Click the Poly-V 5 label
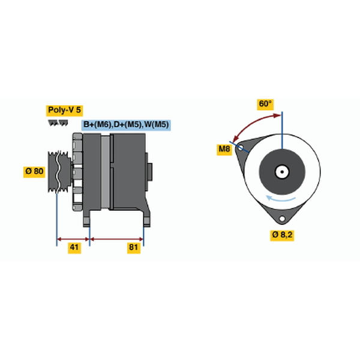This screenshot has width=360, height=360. coord(64,110)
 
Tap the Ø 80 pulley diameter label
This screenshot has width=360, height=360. coord(34,172)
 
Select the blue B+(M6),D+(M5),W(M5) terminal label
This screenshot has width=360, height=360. coord(126,125)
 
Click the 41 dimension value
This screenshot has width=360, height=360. coord(74,248)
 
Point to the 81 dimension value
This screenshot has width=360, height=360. coord(134,248)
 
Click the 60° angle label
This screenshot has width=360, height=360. coord(265,104)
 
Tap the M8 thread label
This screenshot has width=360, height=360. coord(224,149)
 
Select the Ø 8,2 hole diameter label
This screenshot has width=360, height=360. coord(282,235)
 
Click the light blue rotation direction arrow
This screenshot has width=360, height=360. coord(280,199)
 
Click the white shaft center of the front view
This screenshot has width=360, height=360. coord(282,172)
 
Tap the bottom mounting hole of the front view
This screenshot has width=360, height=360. coord(282,218)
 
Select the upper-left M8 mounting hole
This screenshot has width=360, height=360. coord(240,148)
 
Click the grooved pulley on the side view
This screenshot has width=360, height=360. coord(59,172)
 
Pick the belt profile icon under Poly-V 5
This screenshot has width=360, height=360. coord(58,123)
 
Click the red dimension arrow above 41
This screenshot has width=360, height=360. coord(73,239)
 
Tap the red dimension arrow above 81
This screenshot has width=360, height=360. coord(116,239)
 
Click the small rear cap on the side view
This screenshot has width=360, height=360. coord(149,172)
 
